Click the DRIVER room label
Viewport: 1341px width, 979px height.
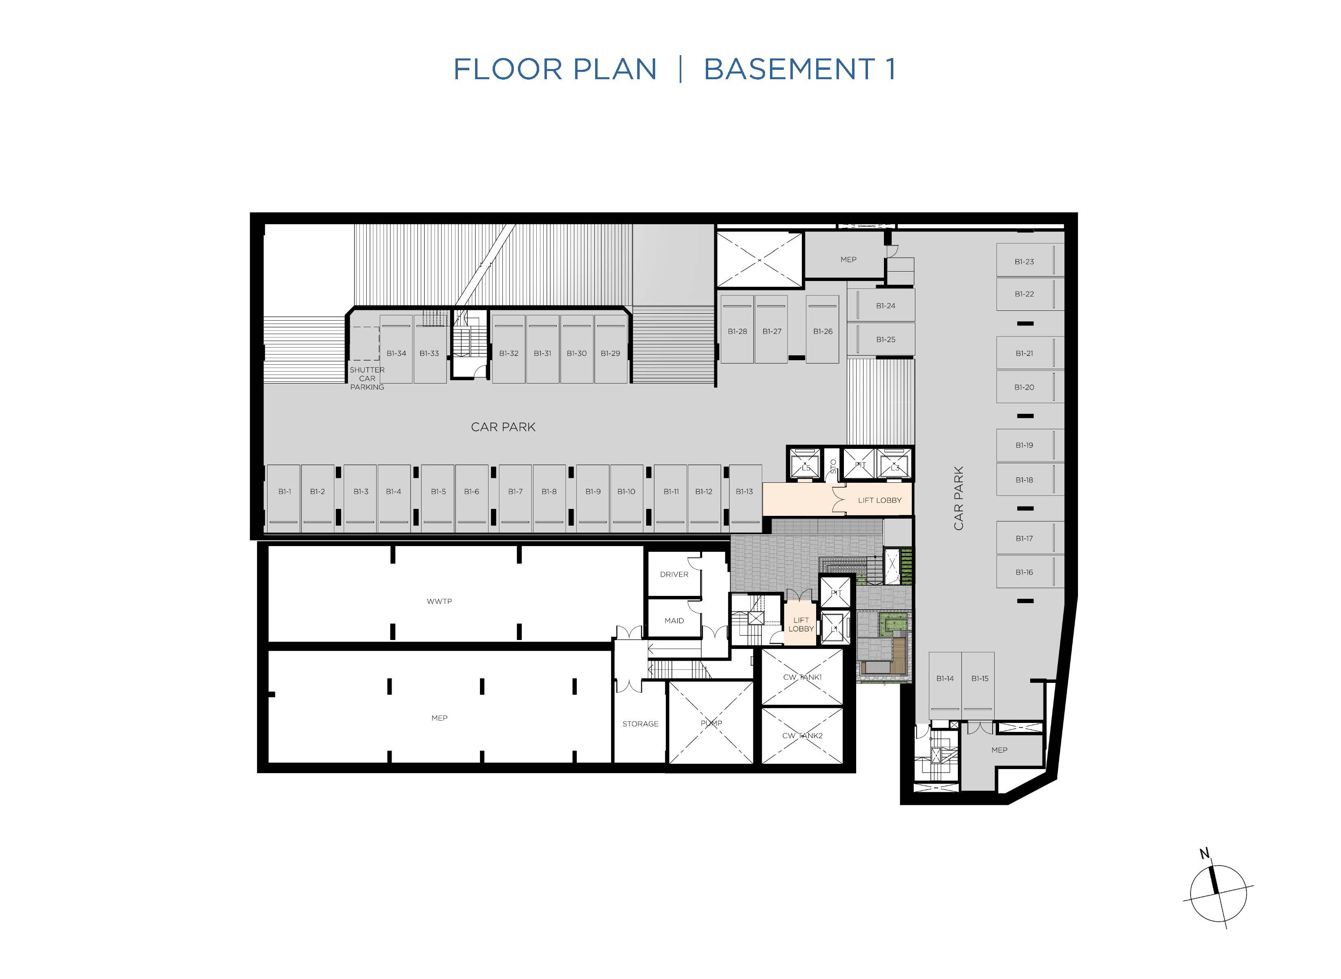point(674,574)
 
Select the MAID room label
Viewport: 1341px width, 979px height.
point(674,620)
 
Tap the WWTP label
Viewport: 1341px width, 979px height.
point(439,601)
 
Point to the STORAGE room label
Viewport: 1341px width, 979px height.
point(640,724)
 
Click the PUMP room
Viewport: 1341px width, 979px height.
point(711,723)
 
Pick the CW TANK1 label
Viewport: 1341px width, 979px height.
point(802,677)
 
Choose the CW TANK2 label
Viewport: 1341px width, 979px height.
point(802,736)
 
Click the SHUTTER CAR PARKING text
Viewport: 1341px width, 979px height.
point(367,378)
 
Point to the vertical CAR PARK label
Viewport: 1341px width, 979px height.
point(959,498)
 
